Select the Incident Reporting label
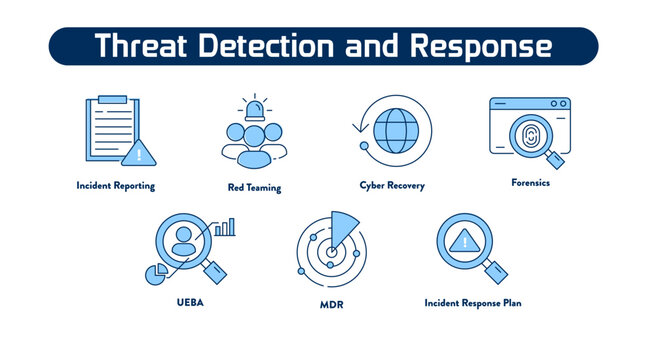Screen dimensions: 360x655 [116, 186]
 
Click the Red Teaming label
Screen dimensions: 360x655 [254, 188]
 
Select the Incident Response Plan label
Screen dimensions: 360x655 [473, 302]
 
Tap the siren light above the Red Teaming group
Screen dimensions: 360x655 [254, 107]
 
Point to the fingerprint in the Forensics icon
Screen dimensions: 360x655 [526, 137]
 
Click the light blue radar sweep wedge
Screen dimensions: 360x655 [345, 228]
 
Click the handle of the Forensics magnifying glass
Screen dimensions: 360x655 [553, 159]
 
